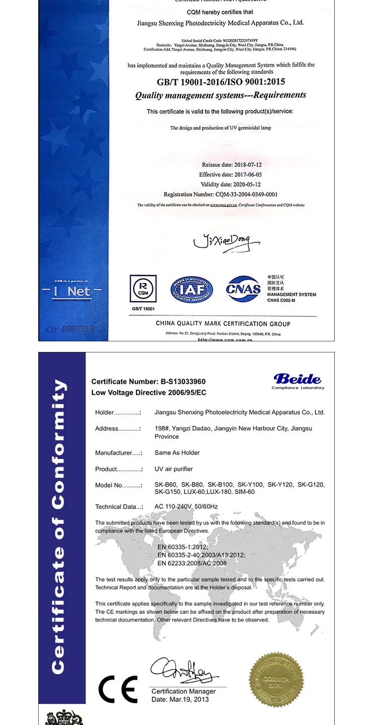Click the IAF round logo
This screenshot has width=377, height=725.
coord(192,290)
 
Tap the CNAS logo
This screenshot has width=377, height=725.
coord(243,289)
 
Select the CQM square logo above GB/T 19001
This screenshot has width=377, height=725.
coord(143,289)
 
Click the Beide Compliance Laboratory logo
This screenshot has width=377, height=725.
coord(298,381)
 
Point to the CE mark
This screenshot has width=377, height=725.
coord(118,689)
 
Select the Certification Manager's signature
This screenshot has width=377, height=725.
coord(183,670)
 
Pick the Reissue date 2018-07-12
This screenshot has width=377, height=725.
coord(232,165)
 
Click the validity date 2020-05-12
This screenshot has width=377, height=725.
coord(231,185)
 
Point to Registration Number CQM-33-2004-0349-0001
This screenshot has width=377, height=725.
coord(221,194)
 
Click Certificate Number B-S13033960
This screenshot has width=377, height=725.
coord(148,382)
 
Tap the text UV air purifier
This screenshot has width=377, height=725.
coord(173,469)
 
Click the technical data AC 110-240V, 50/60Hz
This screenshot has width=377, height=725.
coord(186,506)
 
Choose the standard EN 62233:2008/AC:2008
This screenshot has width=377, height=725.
coord(192,563)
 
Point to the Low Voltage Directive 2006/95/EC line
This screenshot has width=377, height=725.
coord(149,392)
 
